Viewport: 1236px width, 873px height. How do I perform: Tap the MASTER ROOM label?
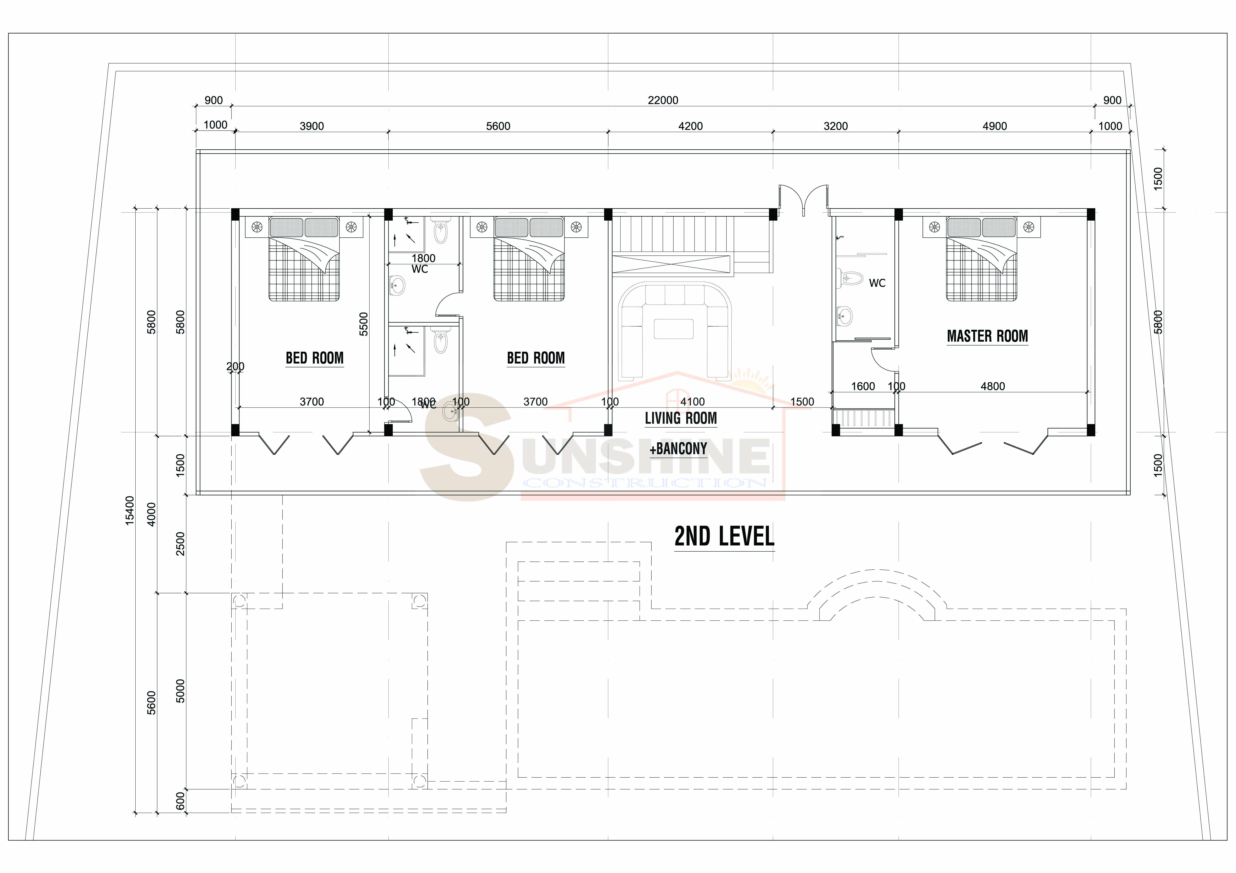(987, 336)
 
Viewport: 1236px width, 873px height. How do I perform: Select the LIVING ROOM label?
(681, 418)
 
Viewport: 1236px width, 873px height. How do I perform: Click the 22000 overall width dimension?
(663, 100)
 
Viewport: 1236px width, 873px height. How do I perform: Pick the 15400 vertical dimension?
(130, 510)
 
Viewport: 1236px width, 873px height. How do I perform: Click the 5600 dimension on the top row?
(498, 126)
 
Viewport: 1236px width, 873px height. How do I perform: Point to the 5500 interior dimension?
(364, 324)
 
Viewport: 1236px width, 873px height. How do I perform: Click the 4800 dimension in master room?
(993, 386)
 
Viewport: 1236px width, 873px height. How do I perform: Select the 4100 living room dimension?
(692, 401)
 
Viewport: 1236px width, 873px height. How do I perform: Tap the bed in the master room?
(982, 259)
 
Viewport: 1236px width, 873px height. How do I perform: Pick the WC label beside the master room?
(877, 283)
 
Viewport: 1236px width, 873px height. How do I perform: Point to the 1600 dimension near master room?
(863, 386)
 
